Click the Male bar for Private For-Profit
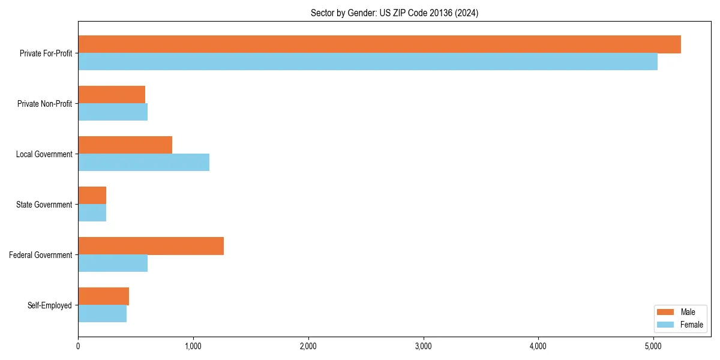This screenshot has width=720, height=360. pos(379,44)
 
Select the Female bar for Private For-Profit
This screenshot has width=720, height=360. pos(368,62)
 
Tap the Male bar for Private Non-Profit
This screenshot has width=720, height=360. pos(112,95)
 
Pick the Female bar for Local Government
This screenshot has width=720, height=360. pos(143,163)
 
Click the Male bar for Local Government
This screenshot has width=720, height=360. pos(125,145)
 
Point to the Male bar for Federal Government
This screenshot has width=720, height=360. pos(151,246)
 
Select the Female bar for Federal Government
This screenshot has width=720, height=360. pos(113,263)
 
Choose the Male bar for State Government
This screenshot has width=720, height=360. pos(92,196)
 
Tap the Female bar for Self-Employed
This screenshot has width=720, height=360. pos(102,314)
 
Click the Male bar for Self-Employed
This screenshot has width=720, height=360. pos(103,296)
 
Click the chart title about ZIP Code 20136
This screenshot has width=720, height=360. pos(394,13)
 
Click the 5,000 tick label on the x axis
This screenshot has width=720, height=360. pos(653,346)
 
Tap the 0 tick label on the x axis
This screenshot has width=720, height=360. pos(78,346)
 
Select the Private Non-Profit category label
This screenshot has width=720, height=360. pos(44,104)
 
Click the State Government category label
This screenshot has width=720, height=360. pos(44,205)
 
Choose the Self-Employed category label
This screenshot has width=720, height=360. pos(49,305)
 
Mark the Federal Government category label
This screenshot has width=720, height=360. pos(41,255)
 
